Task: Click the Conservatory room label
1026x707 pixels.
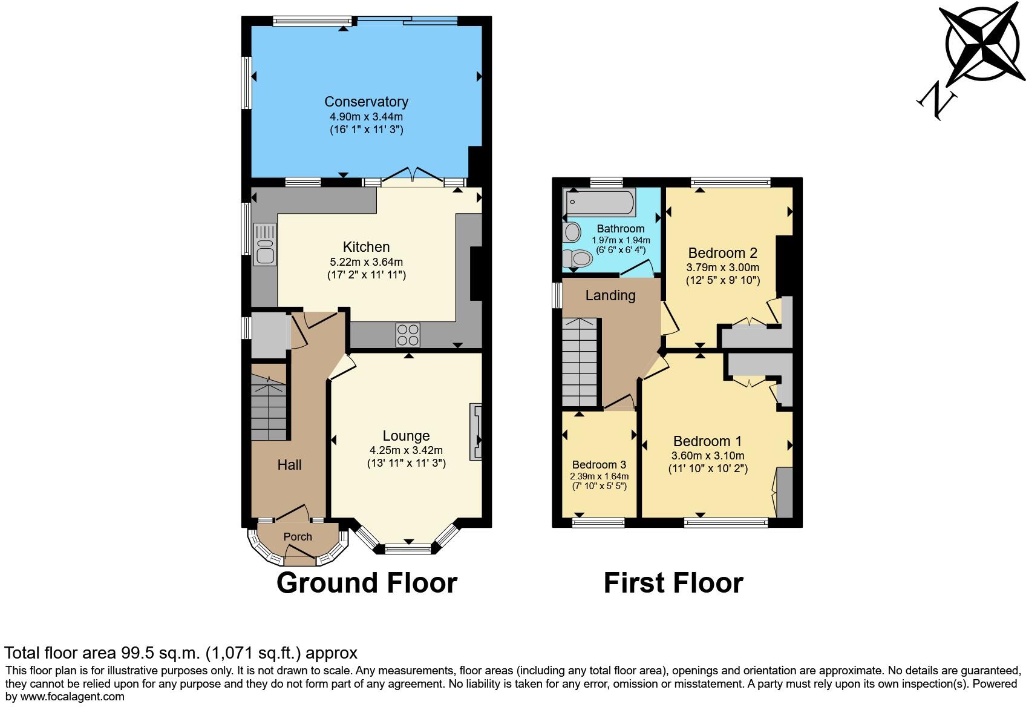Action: click(x=366, y=102)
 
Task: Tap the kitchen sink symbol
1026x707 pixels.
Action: click(x=265, y=244)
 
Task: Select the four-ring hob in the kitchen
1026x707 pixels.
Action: click(x=408, y=335)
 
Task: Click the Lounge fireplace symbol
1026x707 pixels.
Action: click(x=476, y=432)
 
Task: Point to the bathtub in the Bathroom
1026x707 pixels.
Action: click(x=599, y=202)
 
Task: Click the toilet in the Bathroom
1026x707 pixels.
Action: click(x=577, y=259)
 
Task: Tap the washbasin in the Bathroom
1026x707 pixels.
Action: click(x=571, y=232)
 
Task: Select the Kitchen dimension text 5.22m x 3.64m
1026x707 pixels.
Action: click(x=366, y=262)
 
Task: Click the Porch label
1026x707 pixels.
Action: click(x=298, y=537)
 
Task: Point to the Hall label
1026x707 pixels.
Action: click(x=289, y=465)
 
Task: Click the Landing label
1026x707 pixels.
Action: click(x=610, y=295)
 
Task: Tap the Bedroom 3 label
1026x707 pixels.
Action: click(x=599, y=465)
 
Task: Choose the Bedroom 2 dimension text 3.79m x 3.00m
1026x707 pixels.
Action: click(x=722, y=267)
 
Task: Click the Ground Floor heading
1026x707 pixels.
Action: click(x=367, y=583)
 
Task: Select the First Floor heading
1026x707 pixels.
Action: click(x=673, y=583)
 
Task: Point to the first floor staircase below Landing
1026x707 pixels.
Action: click(x=580, y=363)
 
